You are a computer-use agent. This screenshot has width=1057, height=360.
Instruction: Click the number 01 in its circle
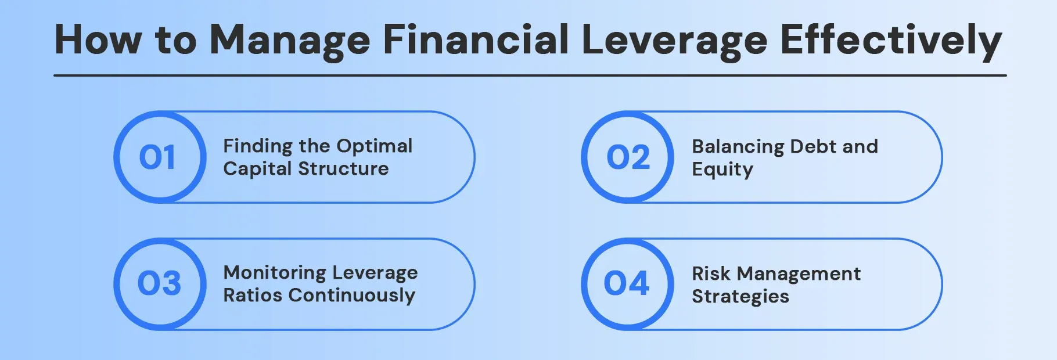[157, 157]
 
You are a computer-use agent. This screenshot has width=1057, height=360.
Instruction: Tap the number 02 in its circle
[628, 157]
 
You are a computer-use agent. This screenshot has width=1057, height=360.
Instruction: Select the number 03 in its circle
[159, 283]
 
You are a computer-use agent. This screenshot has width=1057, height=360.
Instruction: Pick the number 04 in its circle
[627, 283]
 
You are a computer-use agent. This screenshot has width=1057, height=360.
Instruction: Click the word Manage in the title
[289, 41]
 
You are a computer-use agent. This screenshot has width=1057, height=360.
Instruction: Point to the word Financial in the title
[476, 41]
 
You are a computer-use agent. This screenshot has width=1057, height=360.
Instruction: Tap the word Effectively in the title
[891, 41]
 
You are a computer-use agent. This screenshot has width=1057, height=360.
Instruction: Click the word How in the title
[98, 41]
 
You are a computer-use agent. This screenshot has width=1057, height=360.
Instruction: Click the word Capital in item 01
[257, 169]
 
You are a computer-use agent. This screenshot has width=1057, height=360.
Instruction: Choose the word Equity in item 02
[722, 170]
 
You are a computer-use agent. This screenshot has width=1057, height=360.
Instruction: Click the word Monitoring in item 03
[275, 273]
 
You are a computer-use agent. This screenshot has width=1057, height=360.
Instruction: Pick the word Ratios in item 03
[253, 296]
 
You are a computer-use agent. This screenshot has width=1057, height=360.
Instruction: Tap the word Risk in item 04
[710, 273]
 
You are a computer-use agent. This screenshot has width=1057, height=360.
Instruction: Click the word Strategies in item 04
[740, 296]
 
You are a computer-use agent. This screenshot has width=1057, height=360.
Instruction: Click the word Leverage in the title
[674, 41]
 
